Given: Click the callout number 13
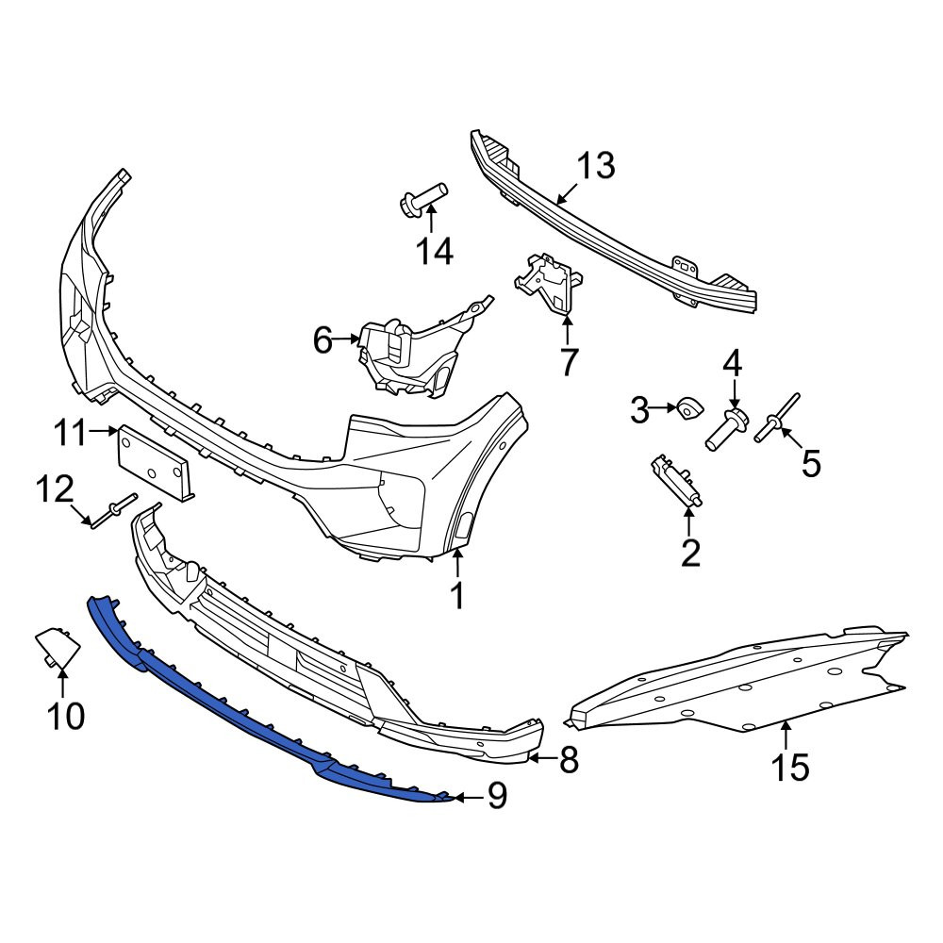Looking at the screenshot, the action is pos(596,166).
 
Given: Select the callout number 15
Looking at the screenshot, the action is pos(790,767).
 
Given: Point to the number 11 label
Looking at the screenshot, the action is pos(70,433).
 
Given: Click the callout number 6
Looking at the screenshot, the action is pos(323,341).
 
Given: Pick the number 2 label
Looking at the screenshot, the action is pos(690,553).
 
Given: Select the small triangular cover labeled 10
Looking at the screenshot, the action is pos(58,646).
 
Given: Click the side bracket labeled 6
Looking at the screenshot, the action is pos(421,349).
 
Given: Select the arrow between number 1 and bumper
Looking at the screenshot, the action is pos(457,565).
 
